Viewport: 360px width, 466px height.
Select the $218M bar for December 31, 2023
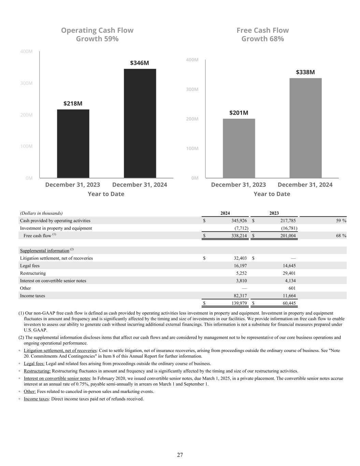[73, 143]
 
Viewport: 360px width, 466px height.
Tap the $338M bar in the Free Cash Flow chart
[305, 128]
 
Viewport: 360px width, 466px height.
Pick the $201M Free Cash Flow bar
[239, 148]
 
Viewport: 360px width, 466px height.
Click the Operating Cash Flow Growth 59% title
[97, 34]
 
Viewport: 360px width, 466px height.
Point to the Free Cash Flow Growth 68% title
[263, 34]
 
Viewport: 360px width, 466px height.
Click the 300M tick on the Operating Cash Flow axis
[26, 83]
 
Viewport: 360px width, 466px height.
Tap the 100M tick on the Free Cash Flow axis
[192, 149]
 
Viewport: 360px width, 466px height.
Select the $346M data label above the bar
[139, 63]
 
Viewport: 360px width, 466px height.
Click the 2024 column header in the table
[225, 213]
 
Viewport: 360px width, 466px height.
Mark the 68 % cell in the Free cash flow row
[341, 236]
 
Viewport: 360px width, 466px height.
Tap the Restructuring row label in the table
[33, 273]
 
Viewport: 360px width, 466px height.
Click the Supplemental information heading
[45, 251]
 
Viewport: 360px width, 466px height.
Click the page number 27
[180, 455]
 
